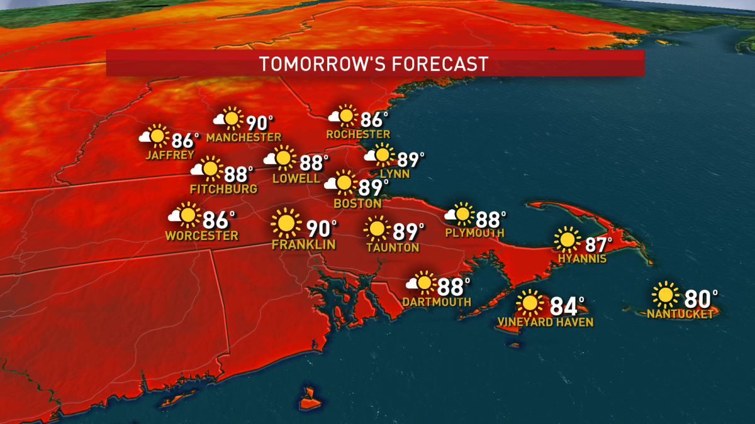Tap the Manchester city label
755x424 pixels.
243,138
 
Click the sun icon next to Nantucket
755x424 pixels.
665,295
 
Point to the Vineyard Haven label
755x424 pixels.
545,322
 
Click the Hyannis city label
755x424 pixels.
581,259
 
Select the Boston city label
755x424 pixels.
357,204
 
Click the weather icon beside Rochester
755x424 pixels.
342,117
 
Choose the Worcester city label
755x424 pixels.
202,236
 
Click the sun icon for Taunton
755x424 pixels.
377,229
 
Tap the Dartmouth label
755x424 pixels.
437,302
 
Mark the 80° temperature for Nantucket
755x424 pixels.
700,296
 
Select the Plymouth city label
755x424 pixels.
474,232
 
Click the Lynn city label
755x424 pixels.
394,174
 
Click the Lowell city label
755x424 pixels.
296,178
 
